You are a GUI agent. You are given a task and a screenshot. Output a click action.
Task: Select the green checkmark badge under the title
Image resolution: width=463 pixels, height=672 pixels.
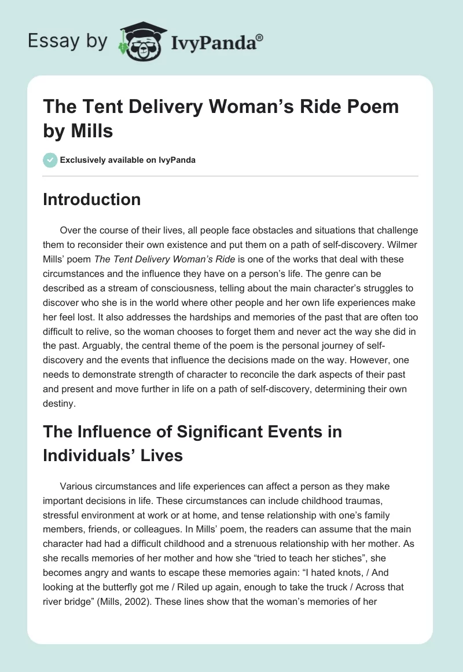(50, 160)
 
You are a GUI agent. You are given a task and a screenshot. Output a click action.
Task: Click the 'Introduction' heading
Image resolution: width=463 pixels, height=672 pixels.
(91, 199)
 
